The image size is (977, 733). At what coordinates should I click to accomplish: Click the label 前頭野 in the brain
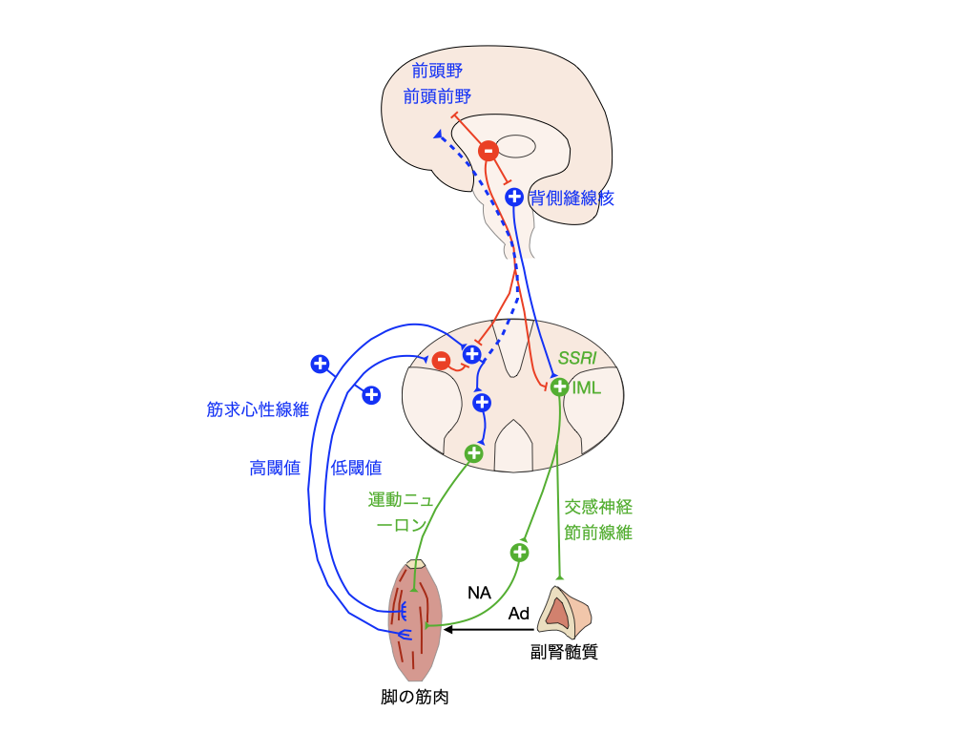pos(436,72)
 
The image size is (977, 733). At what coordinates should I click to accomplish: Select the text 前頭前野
pos(437,96)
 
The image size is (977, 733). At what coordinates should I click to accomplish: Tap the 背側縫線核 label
pos(572,199)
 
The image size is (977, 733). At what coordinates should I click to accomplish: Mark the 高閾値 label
pos(276,468)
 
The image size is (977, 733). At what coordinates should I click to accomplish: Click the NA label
pos(479,593)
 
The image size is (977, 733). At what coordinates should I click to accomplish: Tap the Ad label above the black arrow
pos(519,615)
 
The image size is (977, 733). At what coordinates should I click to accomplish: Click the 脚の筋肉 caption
pos(415,698)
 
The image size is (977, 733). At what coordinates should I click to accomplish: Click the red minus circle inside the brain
pos(488,151)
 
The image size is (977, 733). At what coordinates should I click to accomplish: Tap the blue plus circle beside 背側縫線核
pos(514,198)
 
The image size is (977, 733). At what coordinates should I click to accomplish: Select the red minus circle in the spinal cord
pos(441,361)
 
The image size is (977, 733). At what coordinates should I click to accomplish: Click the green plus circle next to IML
pos(561,387)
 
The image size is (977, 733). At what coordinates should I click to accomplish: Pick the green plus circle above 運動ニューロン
pos(474,453)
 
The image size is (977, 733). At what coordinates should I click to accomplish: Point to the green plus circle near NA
pos(520,552)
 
